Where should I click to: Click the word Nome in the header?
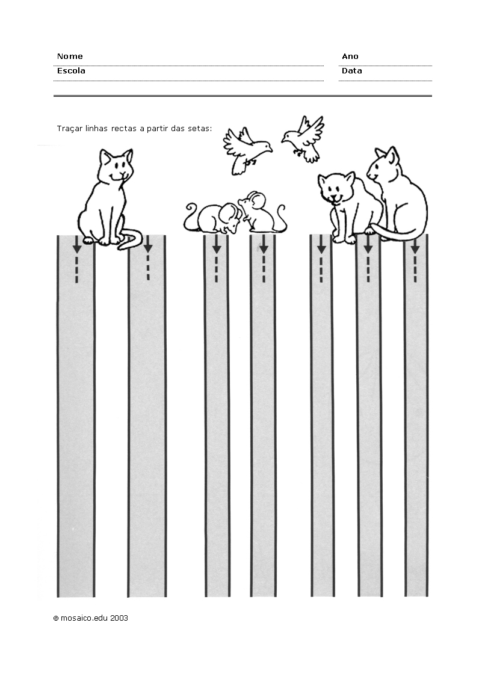[x=70, y=56]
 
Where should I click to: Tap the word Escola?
[x=71, y=71]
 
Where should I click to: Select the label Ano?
[x=350, y=56]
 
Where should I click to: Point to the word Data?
[x=351, y=71]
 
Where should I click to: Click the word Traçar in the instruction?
[x=69, y=129]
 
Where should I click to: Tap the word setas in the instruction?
[x=200, y=129]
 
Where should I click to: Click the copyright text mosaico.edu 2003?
[x=94, y=618]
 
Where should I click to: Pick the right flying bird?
[x=303, y=139]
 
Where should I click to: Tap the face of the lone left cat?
[x=117, y=167]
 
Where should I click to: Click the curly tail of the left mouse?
[x=190, y=218]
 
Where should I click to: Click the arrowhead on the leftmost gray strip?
[x=77, y=249]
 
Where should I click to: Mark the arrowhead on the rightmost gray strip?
[x=415, y=249]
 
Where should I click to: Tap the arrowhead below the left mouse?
[x=217, y=249]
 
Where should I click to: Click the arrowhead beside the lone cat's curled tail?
[x=148, y=248]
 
